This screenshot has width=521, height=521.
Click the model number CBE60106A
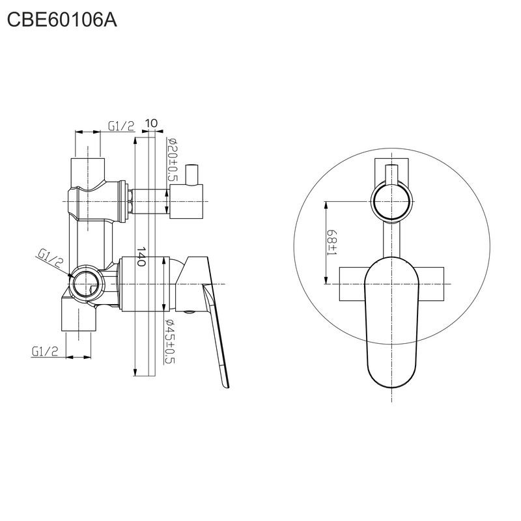62,20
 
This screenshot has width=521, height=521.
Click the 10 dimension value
151,123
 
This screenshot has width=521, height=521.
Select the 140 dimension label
141,256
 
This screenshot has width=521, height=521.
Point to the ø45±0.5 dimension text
170,341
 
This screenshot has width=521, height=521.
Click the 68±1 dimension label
331,242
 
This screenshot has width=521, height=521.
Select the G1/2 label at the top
121,126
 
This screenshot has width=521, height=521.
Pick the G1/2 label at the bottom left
45,351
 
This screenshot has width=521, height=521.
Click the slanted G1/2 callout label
50,259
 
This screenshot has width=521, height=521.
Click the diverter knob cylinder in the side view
186,201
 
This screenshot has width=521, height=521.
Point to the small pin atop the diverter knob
192,175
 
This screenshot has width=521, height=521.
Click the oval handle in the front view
392,322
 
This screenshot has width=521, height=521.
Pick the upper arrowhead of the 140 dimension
135,141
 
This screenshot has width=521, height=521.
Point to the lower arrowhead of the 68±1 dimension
326,280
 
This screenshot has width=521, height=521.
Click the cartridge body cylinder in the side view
143,284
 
